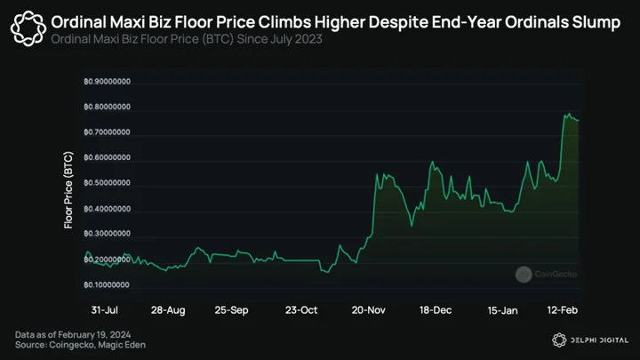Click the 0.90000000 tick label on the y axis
[108, 82]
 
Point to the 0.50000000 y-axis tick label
[108, 183]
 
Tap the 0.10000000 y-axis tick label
[108, 285]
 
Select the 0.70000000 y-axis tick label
[108, 132]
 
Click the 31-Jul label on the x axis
[105, 310]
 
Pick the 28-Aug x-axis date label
[168, 310]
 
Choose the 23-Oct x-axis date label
[301, 310]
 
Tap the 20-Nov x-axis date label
[369, 310]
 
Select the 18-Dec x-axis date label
[436, 310]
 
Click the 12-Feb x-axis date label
[563, 310]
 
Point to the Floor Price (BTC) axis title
[68, 190]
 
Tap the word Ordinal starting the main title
[78, 22]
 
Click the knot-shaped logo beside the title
[28, 28]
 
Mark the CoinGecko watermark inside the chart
[546, 275]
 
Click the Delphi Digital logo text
[599, 340]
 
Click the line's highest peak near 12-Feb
[569, 114]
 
